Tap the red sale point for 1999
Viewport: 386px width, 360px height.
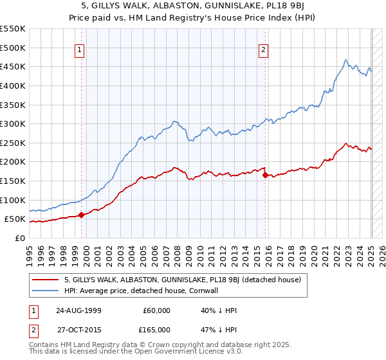tap(81, 215)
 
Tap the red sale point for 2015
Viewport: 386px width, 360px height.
tap(266, 175)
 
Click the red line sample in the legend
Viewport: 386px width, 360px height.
tap(46, 280)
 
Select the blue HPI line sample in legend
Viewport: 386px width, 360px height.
tap(46, 291)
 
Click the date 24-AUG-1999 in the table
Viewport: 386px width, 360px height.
tap(78, 310)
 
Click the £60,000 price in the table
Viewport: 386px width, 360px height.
tap(157, 310)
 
